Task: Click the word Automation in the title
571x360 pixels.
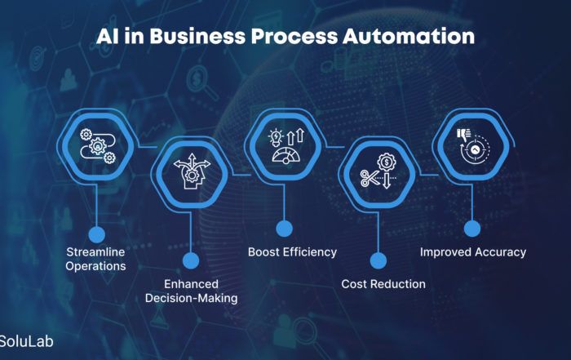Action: click(x=409, y=37)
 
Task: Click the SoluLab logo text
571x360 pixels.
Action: click(x=26, y=341)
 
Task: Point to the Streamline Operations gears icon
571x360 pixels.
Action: click(x=98, y=146)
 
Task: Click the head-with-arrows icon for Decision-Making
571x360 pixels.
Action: click(x=192, y=171)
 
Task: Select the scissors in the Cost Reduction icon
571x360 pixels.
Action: click(x=369, y=178)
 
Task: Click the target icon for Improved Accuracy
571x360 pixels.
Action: click(x=475, y=149)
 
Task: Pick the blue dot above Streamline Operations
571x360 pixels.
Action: click(x=96, y=234)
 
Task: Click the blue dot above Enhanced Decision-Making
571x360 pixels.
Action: click(x=191, y=260)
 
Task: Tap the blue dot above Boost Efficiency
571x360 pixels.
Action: click(x=285, y=229)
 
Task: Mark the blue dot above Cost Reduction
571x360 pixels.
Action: click(x=378, y=260)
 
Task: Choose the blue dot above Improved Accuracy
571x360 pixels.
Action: click(x=472, y=229)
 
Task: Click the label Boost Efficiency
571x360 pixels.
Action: click(x=292, y=252)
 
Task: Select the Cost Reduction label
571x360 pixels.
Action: click(x=383, y=284)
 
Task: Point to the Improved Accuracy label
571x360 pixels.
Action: click(x=473, y=252)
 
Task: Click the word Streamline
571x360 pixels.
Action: click(x=95, y=251)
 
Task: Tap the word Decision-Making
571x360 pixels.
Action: click(x=192, y=299)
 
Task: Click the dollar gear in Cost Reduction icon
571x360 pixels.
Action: click(x=387, y=162)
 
